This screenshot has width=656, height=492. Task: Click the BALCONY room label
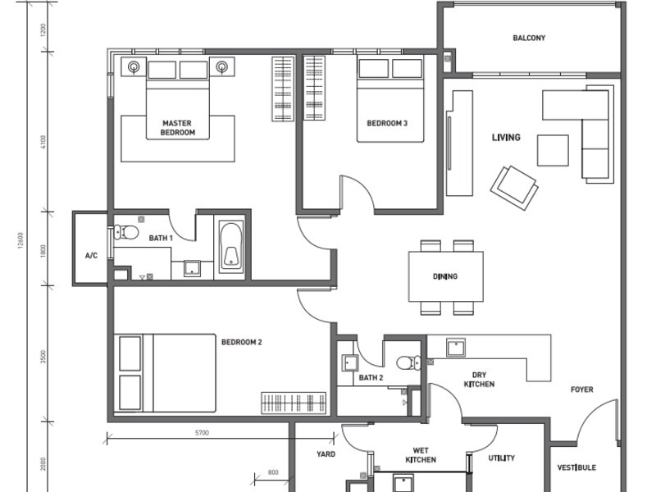click(529, 38)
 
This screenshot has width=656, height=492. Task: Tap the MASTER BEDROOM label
click(177, 128)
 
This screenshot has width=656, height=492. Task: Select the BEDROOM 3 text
click(387, 124)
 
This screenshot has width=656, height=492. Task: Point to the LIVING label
click(506, 137)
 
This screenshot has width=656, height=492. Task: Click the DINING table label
click(445, 276)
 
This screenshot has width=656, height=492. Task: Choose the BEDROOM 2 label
click(241, 342)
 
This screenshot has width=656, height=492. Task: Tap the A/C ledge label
click(91, 256)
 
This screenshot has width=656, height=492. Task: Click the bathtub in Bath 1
click(231, 246)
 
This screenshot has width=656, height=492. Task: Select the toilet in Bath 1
click(125, 232)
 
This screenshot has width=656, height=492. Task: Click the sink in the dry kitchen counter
click(456, 348)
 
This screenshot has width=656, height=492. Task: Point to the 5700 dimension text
click(203, 432)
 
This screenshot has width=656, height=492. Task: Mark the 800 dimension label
click(273, 472)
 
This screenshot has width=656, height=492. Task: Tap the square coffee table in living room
click(553, 150)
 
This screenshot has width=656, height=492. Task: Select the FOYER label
click(582, 389)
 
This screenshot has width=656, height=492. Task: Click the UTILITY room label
click(502, 458)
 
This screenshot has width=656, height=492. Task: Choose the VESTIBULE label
click(576, 468)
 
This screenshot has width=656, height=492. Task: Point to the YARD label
click(326, 453)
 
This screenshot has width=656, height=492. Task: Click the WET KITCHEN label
click(420, 455)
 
